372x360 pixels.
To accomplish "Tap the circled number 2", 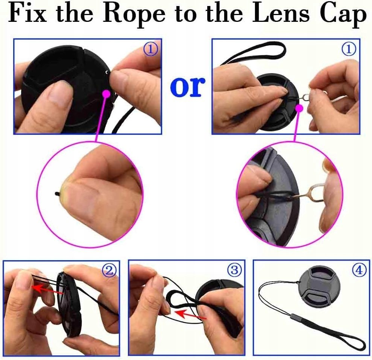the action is coord(109,271).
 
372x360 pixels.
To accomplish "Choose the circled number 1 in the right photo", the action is coord(349,49).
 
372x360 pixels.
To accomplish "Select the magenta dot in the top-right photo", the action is coord(299,108).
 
